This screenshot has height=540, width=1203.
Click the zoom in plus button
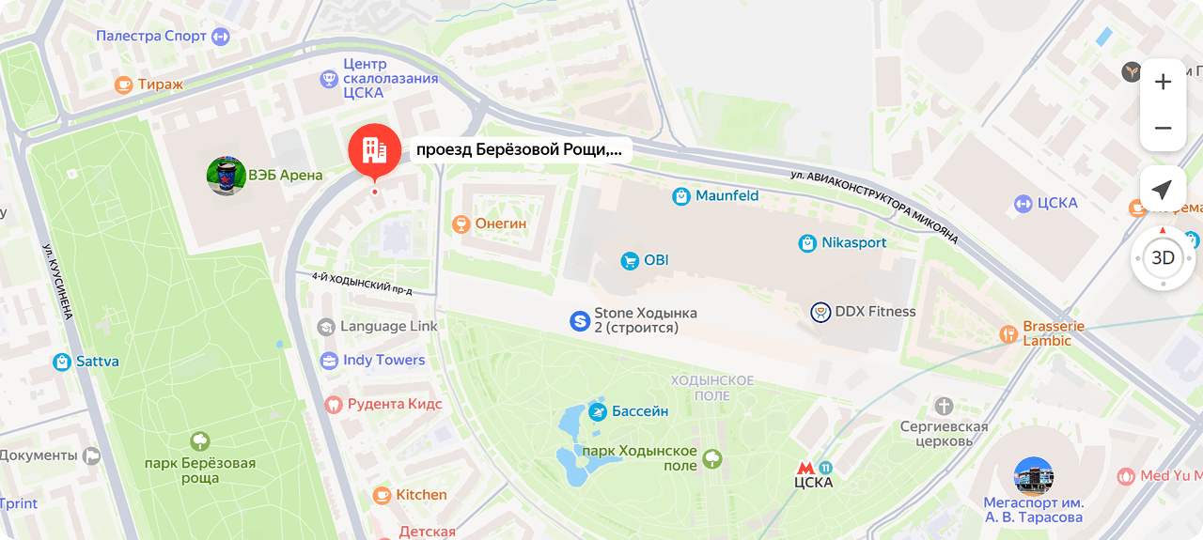tap(1163, 82)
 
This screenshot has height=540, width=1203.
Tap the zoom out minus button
tap(1163, 128)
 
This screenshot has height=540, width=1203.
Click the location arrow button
tap(1163, 191)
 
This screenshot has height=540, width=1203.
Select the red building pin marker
tap(374, 150)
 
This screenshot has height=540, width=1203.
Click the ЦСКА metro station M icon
tap(805, 467)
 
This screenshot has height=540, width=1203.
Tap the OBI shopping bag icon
tap(630, 260)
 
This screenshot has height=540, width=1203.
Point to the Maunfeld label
tap(726, 196)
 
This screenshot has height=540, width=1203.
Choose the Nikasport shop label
tap(853, 243)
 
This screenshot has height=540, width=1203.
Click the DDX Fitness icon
tap(820, 312)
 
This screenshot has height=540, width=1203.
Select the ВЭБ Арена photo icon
tap(227, 176)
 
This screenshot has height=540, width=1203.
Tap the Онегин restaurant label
tap(501, 224)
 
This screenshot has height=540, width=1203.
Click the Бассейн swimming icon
tap(598, 411)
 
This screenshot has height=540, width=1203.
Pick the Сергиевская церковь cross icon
tap(944, 406)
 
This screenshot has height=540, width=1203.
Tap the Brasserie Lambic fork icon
tap(1008, 333)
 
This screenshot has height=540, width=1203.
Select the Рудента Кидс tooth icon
tap(332, 405)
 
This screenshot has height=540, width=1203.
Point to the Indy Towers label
tap(383, 360)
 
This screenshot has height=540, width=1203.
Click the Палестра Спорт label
tap(151, 37)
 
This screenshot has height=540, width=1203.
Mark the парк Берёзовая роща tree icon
tap(199, 440)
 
